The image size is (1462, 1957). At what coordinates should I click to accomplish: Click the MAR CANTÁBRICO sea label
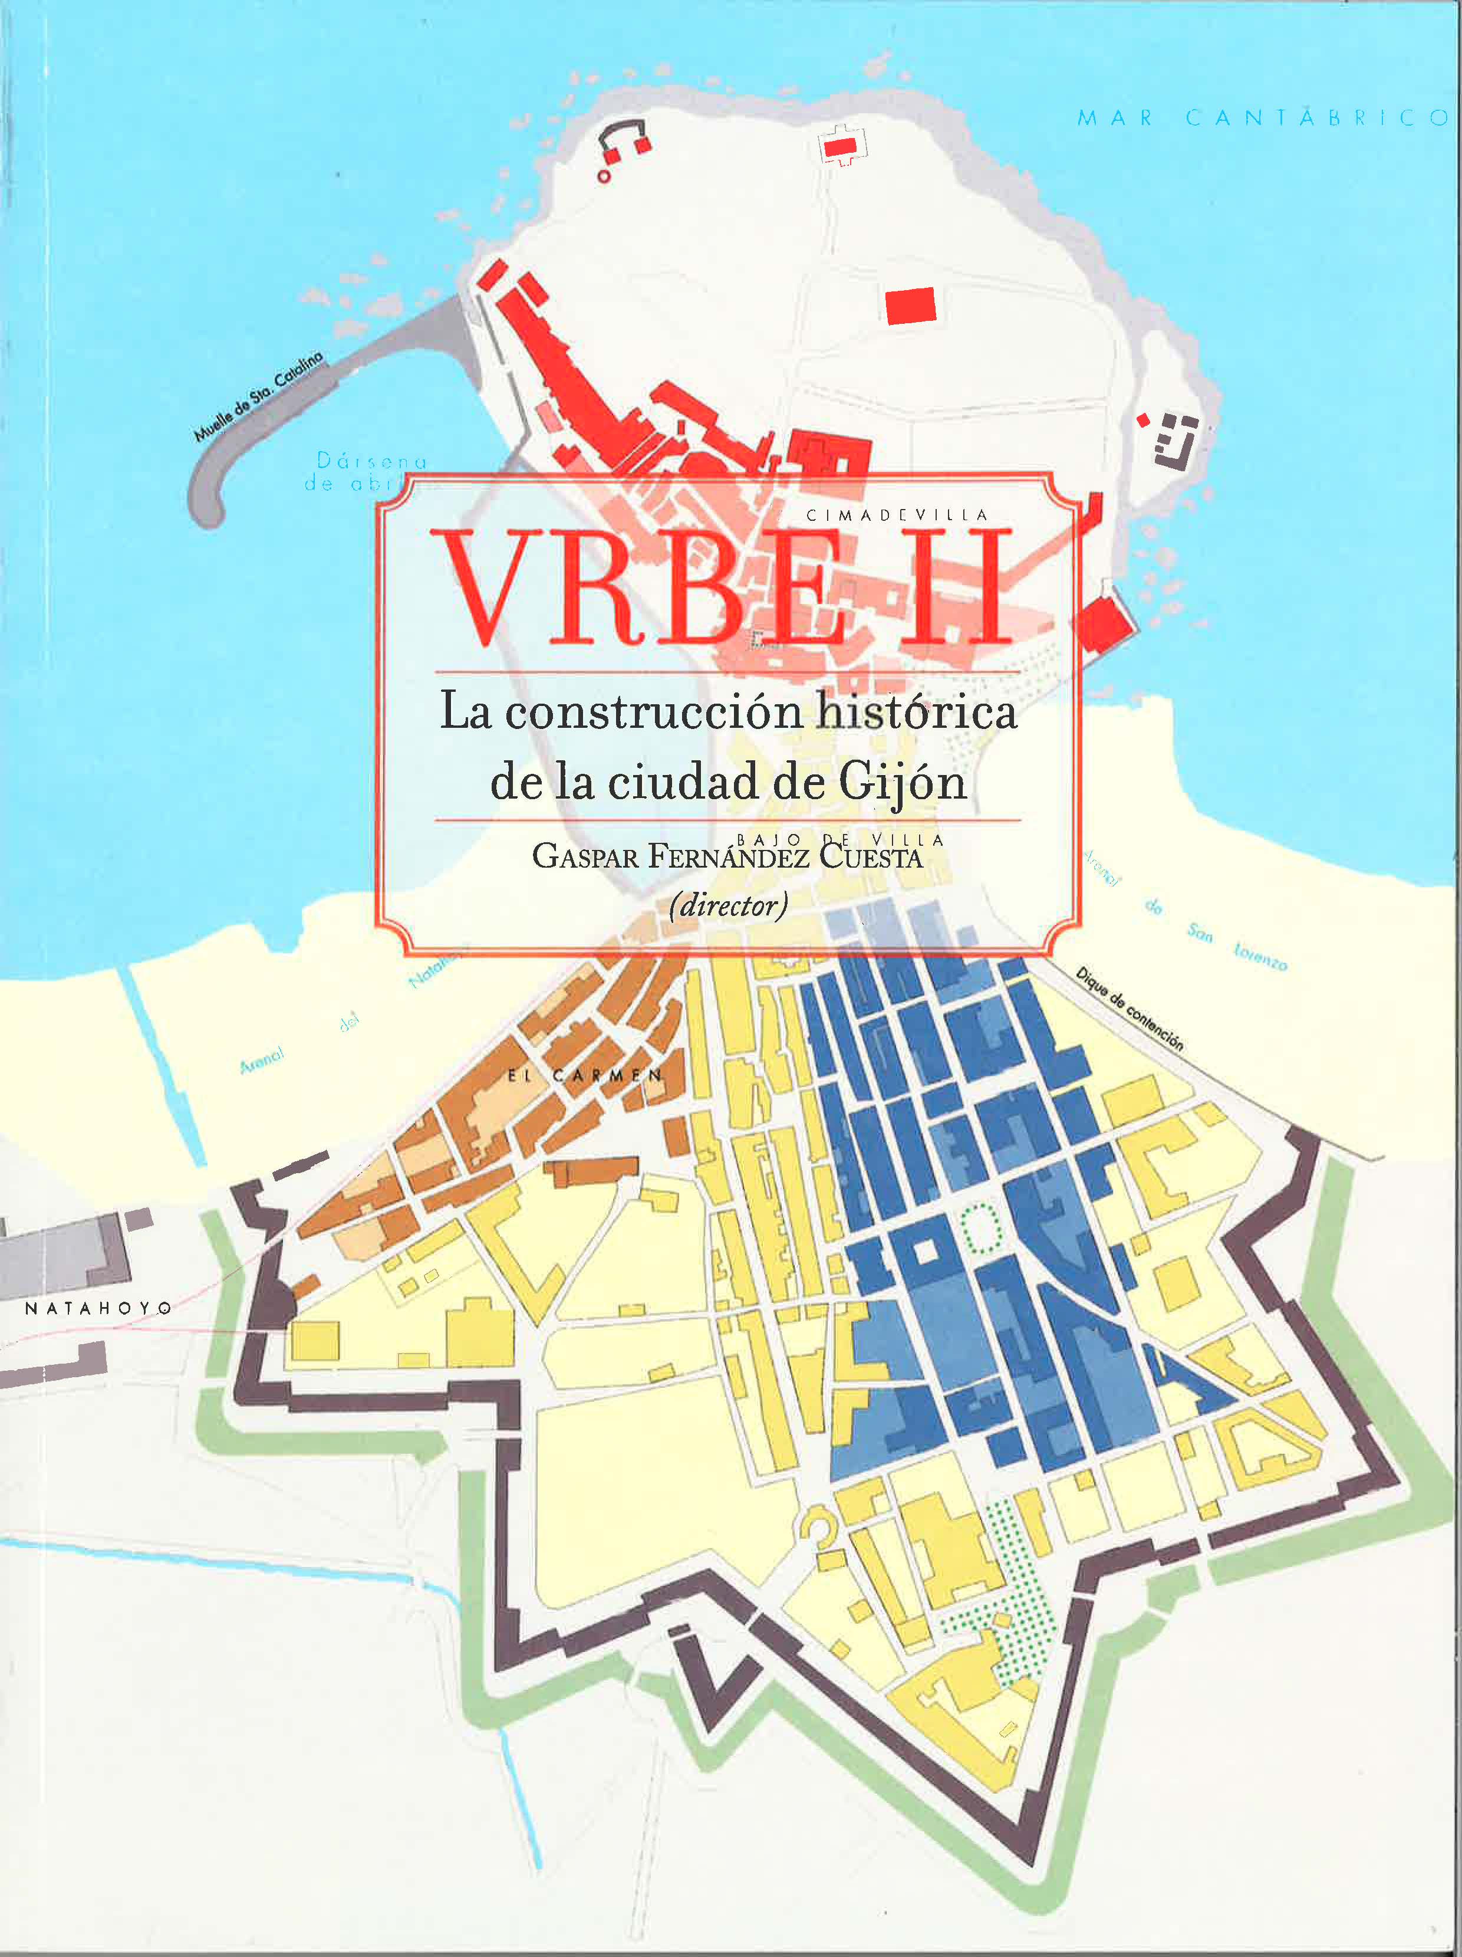[1262, 118]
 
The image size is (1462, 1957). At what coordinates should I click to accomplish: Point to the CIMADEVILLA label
[897, 515]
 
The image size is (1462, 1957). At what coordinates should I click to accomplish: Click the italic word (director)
[728, 905]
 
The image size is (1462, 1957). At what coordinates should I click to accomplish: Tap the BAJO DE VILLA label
[840, 839]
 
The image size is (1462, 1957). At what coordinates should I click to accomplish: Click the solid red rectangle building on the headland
[910, 306]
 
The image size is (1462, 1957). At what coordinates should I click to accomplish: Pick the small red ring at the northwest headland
[604, 176]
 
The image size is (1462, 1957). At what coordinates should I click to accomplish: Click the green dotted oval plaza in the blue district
[980, 1227]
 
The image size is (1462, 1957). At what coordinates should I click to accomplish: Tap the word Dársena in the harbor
[371, 461]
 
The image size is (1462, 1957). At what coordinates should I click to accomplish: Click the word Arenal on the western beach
[261, 1059]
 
